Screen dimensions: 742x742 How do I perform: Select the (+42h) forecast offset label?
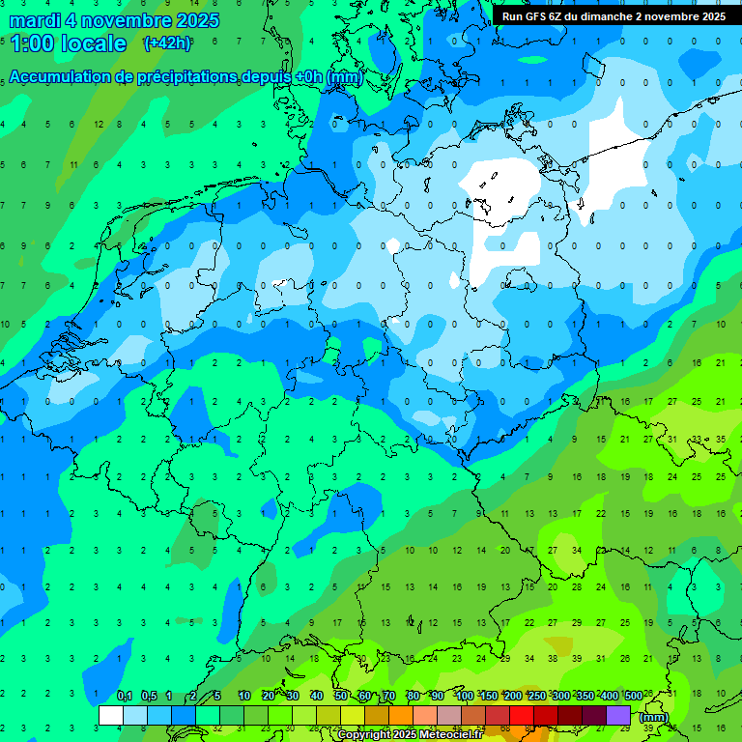(167, 43)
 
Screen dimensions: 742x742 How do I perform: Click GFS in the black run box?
(536, 16)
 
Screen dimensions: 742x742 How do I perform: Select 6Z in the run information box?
(557, 16)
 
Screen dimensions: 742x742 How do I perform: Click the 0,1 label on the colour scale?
(125, 696)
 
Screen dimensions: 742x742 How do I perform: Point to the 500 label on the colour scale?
(633, 696)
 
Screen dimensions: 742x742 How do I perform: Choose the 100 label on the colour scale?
(464, 696)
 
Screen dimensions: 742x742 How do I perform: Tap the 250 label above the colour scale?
(536, 696)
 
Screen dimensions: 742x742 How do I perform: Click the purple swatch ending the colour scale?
(618, 715)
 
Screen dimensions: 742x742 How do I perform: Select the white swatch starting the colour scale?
(111, 715)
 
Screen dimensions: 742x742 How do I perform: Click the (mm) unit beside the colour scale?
(654, 717)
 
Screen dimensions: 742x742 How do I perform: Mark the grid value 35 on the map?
(721, 439)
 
